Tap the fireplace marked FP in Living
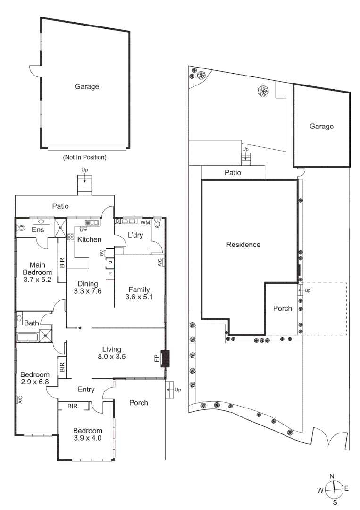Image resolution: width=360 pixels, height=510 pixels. (x=165, y=358)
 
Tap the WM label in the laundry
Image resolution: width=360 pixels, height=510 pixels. (x=145, y=222)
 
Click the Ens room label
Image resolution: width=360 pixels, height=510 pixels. (x=38, y=230)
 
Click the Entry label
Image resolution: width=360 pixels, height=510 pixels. (x=86, y=390)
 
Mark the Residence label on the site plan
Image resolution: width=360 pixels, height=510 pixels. (x=243, y=245)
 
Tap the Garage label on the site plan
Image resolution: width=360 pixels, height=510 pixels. (x=321, y=127)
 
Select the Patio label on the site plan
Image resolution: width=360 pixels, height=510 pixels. (x=233, y=173)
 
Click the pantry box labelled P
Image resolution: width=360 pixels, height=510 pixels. (x=110, y=263)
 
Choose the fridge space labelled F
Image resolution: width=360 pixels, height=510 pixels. (x=110, y=274)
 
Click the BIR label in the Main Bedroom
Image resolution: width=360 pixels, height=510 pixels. (x=62, y=263)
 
